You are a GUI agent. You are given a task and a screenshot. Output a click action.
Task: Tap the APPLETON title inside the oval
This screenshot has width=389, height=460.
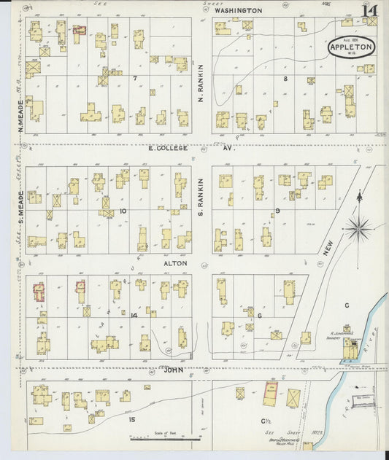point(352,47)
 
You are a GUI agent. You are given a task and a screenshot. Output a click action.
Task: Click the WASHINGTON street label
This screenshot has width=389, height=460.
point(239,11)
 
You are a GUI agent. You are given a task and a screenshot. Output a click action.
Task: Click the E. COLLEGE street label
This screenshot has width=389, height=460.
point(168,148)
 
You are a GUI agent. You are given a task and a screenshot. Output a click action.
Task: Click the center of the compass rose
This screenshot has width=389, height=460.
point(358,228)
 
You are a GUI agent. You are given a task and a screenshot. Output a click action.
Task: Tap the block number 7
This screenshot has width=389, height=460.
point(134,77)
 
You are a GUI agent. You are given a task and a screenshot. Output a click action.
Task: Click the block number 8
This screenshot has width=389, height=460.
point(285,77)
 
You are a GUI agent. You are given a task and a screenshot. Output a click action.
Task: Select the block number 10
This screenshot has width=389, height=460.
point(123,212)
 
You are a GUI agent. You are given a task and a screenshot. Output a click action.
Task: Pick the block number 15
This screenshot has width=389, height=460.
point(131,419)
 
